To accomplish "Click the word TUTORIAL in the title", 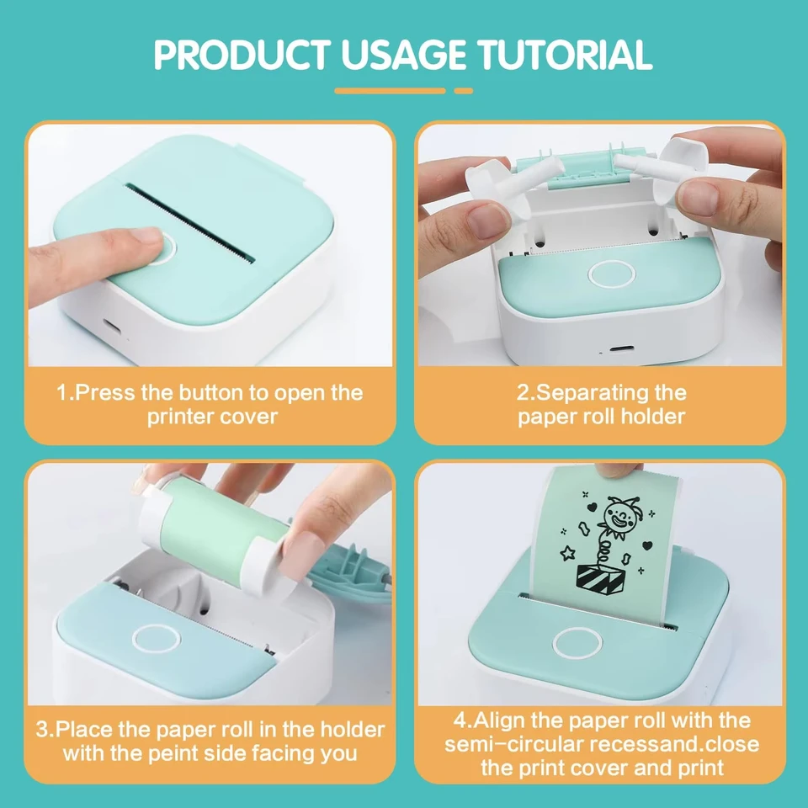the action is point(564,54).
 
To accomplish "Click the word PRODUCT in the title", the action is point(242,54).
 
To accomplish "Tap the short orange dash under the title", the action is point(463,91).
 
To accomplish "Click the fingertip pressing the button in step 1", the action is point(146,238).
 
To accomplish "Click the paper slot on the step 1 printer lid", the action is point(189,222).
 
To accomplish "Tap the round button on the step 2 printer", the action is point(612,273).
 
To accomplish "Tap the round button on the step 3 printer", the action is point(157,639).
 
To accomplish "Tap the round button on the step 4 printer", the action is point(577,643).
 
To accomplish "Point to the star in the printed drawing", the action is point(568,553).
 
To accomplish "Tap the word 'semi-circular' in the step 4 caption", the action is point(514,745).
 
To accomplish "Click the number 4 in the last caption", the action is point(460,720).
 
